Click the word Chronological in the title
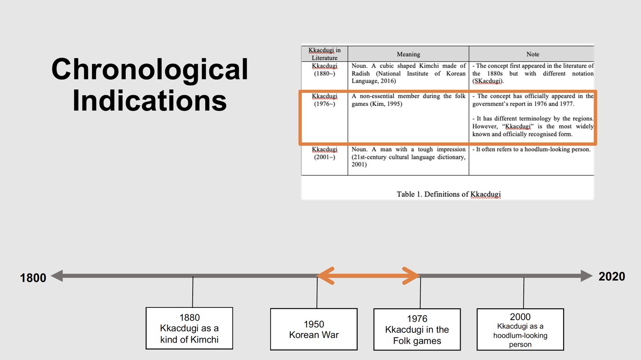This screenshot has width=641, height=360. click(150, 70)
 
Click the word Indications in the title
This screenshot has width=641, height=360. click(150, 101)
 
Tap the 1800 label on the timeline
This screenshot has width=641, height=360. click(33, 278)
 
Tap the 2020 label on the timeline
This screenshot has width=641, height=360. click(612, 277)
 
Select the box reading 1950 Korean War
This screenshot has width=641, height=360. click(314, 329)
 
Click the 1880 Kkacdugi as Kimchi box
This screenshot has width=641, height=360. click(189, 328)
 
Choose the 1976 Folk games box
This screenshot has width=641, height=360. click(417, 329)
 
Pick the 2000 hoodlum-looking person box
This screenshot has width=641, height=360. click(520, 329)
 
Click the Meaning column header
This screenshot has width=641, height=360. click(408, 54)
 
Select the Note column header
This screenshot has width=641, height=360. click(532, 54)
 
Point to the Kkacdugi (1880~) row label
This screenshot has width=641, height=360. click(325, 70)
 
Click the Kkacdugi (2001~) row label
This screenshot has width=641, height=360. click(325, 153)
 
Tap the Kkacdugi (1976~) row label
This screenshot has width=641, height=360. click(325, 100)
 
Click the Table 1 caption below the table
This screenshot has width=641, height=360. click(448, 194)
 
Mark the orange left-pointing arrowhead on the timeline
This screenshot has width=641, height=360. click(326, 276)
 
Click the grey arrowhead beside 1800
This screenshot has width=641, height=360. click(57, 276)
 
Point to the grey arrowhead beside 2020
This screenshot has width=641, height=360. click(587, 276)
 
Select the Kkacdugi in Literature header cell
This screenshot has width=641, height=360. click(325, 54)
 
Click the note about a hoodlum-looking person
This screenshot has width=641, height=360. click(532, 149)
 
